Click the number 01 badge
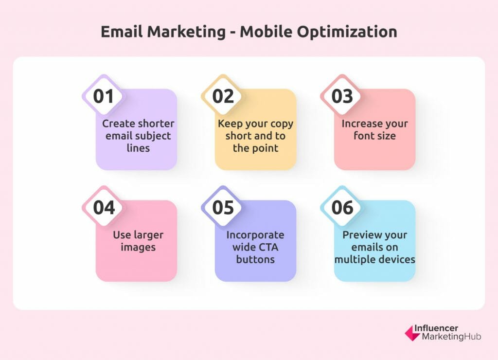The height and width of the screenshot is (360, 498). pyautogui.click(x=103, y=96)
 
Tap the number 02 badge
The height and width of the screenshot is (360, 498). pyautogui.click(x=223, y=96)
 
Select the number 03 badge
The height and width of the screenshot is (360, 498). pyautogui.click(x=342, y=96)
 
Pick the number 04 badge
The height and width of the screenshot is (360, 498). pyautogui.click(x=103, y=207)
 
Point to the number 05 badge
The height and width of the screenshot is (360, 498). pyautogui.click(x=223, y=207)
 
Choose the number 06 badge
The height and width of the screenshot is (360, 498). pyautogui.click(x=342, y=207)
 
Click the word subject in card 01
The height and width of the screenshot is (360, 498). pyautogui.click(x=151, y=136)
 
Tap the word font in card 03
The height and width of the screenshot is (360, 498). pyautogui.click(x=363, y=136)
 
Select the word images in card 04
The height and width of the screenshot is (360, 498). pyautogui.click(x=138, y=248)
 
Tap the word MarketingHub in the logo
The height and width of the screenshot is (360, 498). pyautogui.click(x=451, y=337)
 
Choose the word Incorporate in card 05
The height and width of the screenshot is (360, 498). pyautogui.click(x=255, y=235)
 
